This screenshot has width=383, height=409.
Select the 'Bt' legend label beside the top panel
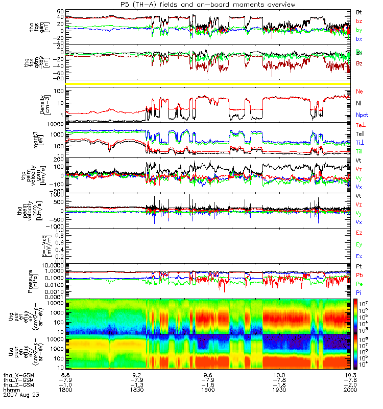[359, 11]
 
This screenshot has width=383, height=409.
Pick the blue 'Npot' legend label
[362, 116]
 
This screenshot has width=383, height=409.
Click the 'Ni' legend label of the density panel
[359, 103]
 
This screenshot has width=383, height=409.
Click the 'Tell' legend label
[361, 134]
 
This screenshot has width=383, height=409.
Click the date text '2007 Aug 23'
[21, 395]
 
